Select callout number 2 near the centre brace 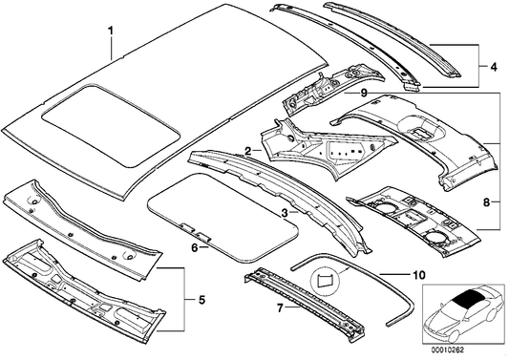tap(247, 150)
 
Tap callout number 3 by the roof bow tap(284, 215)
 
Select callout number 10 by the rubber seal tap(417, 274)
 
